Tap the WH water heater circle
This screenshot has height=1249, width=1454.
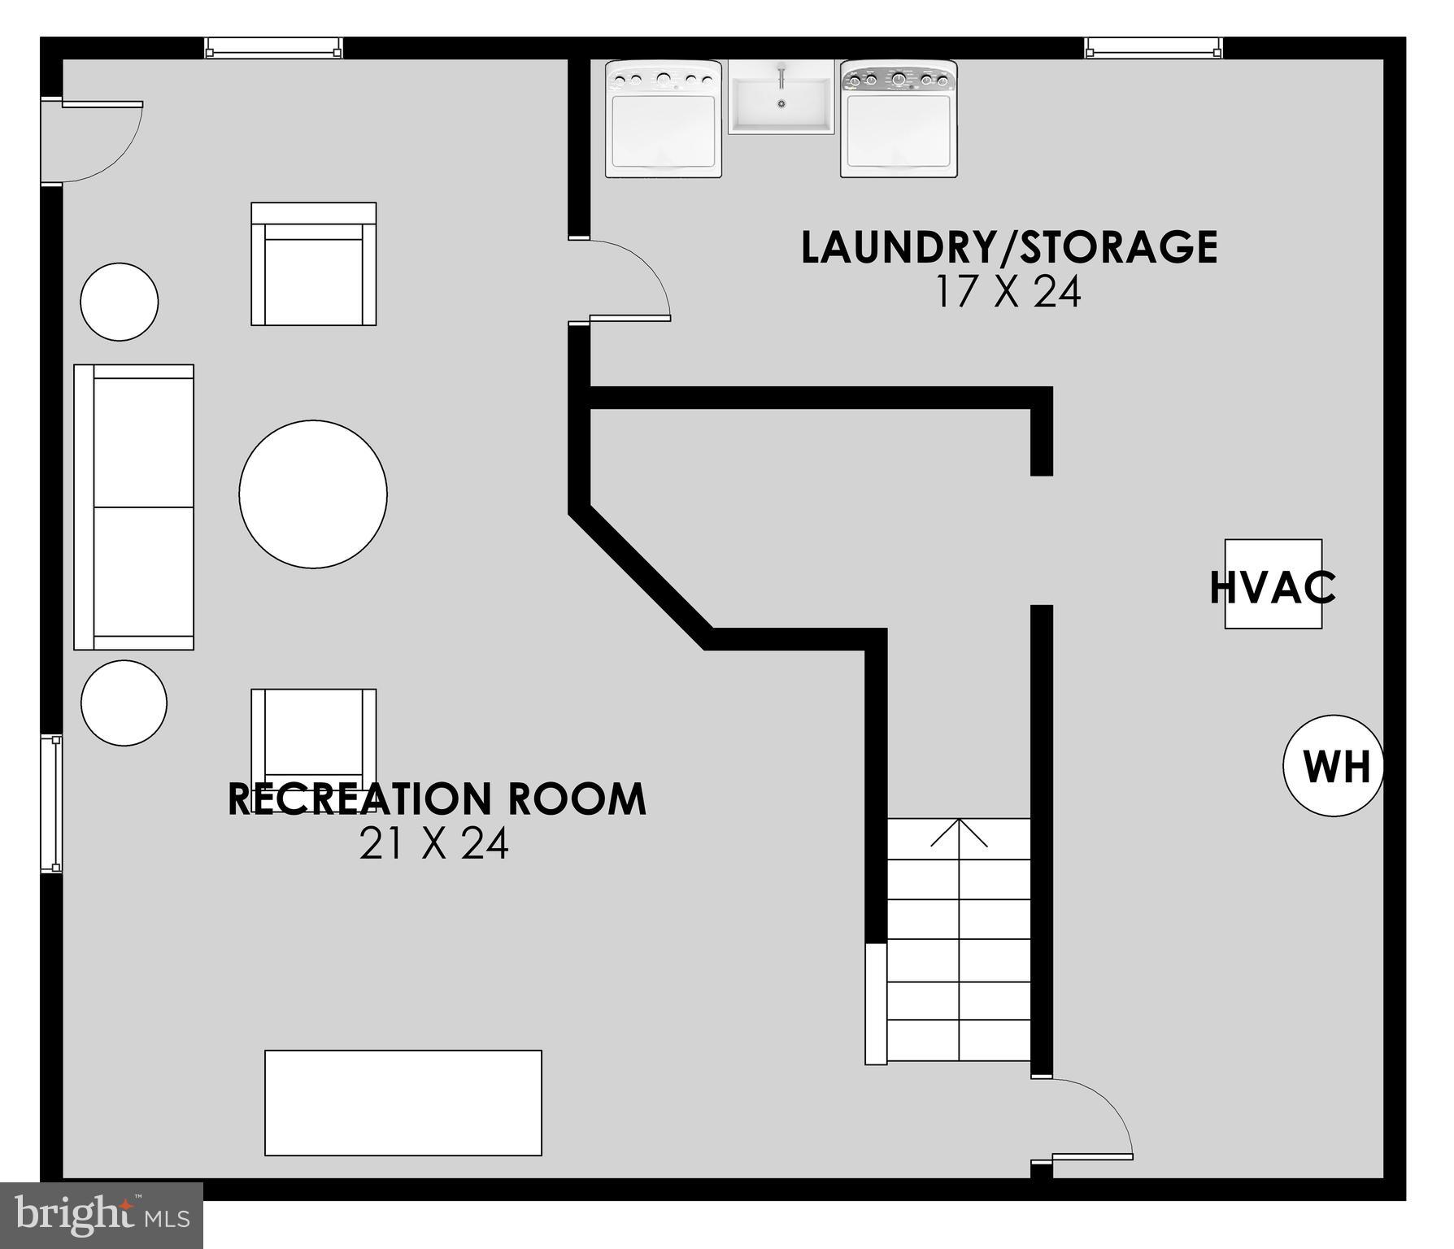[x=1332, y=765]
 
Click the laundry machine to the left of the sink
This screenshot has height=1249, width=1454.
[x=663, y=119]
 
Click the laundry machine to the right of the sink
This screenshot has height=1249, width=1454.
[x=899, y=119]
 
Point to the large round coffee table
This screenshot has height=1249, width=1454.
[x=313, y=494]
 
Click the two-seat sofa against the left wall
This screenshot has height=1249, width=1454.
[x=134, y=507]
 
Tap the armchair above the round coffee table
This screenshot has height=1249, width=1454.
[x=313, y=264]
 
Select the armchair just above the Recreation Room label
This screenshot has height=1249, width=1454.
[x=313, y=736]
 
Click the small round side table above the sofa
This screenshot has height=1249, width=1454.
[x=119, y=302]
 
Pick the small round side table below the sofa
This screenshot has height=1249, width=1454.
[x=124, y=703]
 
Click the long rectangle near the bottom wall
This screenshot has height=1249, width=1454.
[x=403, y=1103]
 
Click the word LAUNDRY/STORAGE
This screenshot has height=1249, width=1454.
[x=1008, y=247]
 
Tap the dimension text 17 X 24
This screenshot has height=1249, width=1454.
[x=1008, y=293]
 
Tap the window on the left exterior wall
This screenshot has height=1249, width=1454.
[x=51, y=803]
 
